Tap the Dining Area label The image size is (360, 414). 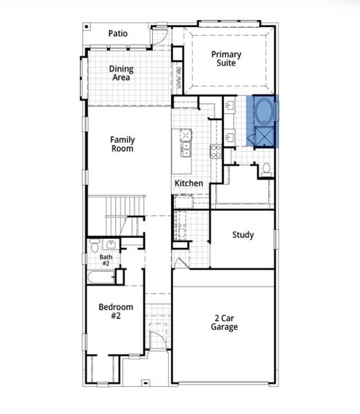click(x=122, y=73)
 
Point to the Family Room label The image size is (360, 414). click(x=122, y=144)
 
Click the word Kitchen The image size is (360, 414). click(x=188, y=184)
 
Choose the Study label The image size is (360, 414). click(x=243, y=235)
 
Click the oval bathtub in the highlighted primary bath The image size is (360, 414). click(x=264, y=111)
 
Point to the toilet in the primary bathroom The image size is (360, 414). click(x=266, y=167)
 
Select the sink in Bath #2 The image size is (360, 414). click(x=110, y=244)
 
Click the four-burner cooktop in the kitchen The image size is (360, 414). click(x=215, y=151)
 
